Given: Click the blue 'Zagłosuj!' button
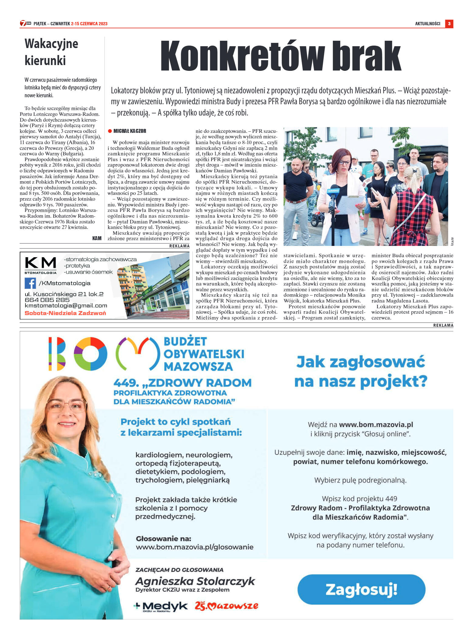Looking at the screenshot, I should point(361,590).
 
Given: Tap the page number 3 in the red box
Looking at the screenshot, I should point(449,24).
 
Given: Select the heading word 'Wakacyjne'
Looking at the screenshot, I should point(51,44).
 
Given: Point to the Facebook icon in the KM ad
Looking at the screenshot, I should point(30,283).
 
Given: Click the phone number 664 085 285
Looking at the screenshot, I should point(47,300).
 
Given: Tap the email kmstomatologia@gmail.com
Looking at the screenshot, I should point(66,306).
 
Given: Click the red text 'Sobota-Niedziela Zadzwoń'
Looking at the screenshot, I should point(65,313).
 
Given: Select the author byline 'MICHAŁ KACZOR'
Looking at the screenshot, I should point(130,131).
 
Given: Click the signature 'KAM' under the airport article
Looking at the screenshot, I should point(97,238).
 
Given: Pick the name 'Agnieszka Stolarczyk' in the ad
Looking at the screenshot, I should point(195,581).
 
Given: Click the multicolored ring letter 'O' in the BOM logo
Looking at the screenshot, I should point(90,354).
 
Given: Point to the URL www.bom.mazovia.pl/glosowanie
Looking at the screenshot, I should point(195,547).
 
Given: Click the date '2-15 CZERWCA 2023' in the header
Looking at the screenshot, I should point(89,24).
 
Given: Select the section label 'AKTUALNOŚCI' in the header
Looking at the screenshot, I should point(427,24).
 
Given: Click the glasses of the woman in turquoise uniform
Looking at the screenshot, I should point(66,406).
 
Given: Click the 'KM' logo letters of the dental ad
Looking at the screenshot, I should point(40,262).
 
